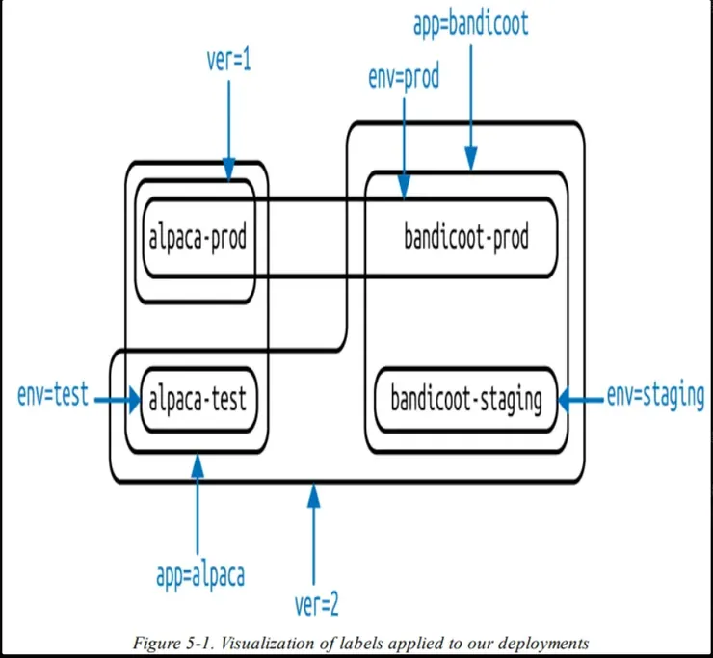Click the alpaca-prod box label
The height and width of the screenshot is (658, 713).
coord(198,238)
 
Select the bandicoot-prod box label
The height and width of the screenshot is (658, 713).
coord(466,238)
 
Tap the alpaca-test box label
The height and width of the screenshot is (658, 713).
coord(198,398)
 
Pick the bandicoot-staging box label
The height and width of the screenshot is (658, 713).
coord(466,398)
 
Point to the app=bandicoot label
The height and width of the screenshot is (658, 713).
coord(471,23)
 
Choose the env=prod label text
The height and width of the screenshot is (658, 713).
coord(404,77)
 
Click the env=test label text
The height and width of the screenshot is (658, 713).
coord(53,394)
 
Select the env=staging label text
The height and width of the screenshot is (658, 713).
coord(655,396)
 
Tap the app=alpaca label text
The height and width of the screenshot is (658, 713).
coord(199,575)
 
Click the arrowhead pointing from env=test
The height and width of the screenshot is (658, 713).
coord(133,398)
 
